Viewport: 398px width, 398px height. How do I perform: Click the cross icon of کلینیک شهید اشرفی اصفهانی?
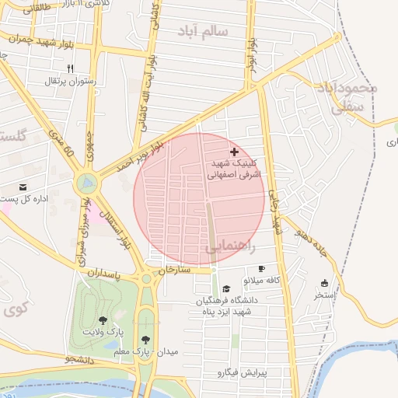235,152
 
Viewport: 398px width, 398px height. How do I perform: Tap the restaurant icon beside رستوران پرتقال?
71,68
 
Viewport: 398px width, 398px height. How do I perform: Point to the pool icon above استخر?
324,283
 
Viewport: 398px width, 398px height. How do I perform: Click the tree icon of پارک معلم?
145,339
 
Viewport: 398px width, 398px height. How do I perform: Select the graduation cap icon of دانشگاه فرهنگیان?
226,288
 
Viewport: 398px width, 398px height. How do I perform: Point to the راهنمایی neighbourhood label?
231,247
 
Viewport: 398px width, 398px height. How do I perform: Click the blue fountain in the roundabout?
86,183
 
